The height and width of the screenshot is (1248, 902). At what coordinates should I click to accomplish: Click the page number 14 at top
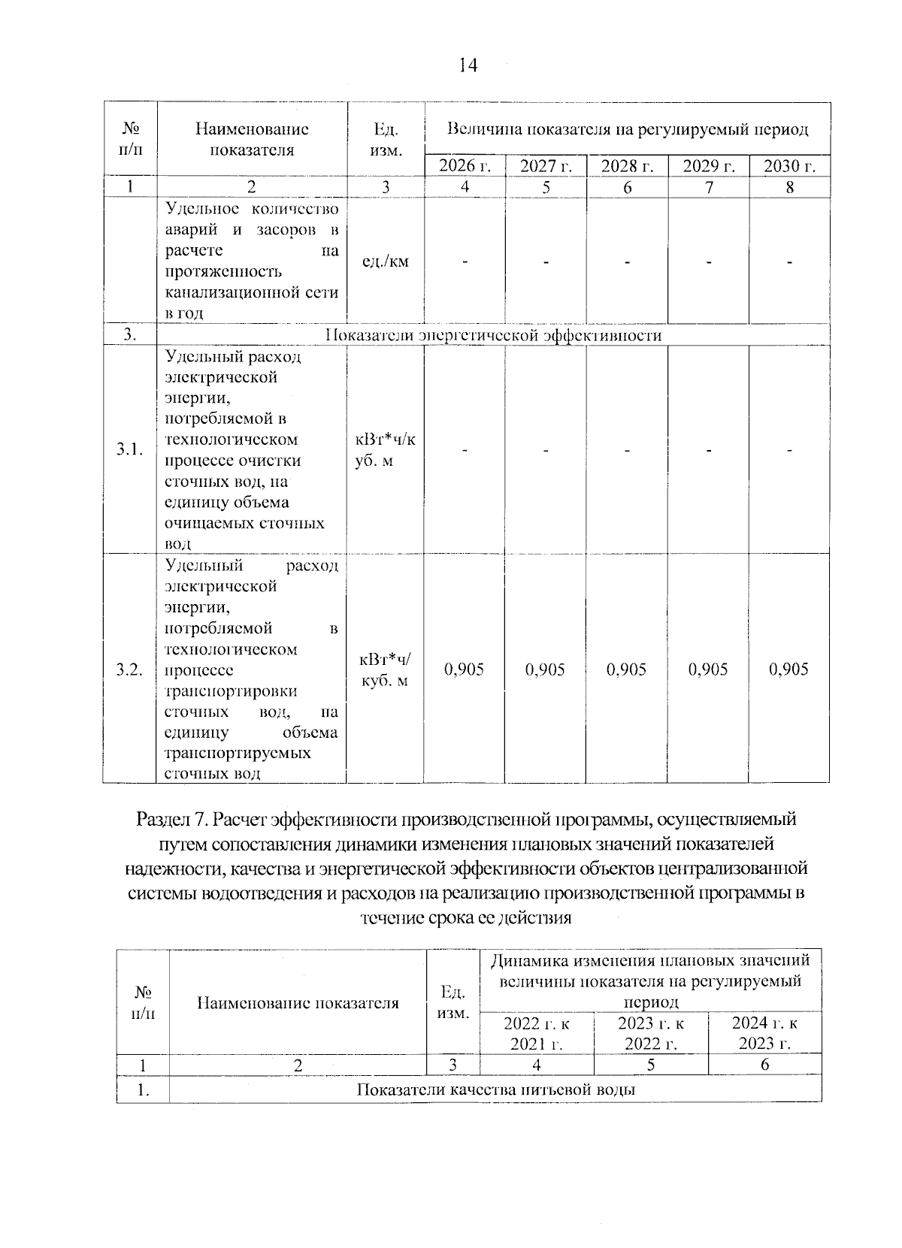coord(468,66)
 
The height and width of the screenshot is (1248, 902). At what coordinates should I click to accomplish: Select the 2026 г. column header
coord(465,166)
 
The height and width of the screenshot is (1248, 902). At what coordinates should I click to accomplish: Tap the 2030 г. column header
coord(789,166)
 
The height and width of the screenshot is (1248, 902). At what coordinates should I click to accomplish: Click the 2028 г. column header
coord(627,166)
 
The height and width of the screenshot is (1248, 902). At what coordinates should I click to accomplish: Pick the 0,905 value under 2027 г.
coord(546,669)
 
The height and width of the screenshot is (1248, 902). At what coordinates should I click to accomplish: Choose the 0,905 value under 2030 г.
coord(789,669)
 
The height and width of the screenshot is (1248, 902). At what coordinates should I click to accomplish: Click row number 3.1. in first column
coord(129,449)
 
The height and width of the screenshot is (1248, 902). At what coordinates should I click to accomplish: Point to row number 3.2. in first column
coord(129,669)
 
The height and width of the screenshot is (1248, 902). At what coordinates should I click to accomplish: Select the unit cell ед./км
coord(386,261)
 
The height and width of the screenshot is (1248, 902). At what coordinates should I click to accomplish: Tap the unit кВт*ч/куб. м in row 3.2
coord(386,669)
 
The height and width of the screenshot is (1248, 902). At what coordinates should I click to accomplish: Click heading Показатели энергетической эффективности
coord(493,335)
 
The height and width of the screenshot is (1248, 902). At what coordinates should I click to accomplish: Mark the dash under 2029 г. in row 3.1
coord(708,449)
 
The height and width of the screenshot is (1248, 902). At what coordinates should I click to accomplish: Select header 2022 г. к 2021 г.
coord(537,1032)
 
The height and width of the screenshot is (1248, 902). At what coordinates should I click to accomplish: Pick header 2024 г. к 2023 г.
coord(764,1032)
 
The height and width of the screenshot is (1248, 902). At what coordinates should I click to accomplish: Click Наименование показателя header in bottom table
coord(298,1002)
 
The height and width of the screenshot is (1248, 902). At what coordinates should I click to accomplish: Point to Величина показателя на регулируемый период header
coord(627,130)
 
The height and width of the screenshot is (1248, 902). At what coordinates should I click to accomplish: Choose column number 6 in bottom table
coord(764,1065)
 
